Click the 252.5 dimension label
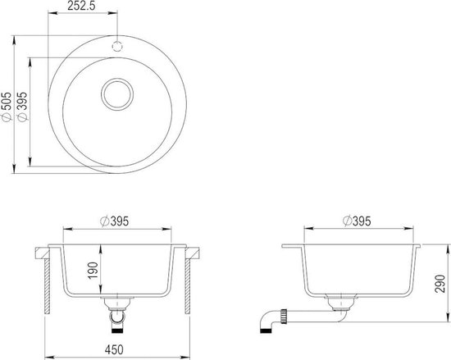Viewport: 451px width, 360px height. (x=81, y=6)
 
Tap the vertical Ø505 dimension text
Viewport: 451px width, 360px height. (x=7, y=107)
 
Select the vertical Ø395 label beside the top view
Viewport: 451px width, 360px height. (x=22, y=107)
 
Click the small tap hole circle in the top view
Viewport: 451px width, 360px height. (x=117, y=46)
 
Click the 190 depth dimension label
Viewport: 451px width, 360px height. (x=93, y=270)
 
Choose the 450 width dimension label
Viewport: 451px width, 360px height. (x=114, y=349)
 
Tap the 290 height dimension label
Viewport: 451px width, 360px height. (x=440, y=284)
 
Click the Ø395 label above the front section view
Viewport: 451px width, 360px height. (x=115, y=221)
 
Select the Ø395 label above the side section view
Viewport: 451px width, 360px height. (x=357, y=221)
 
